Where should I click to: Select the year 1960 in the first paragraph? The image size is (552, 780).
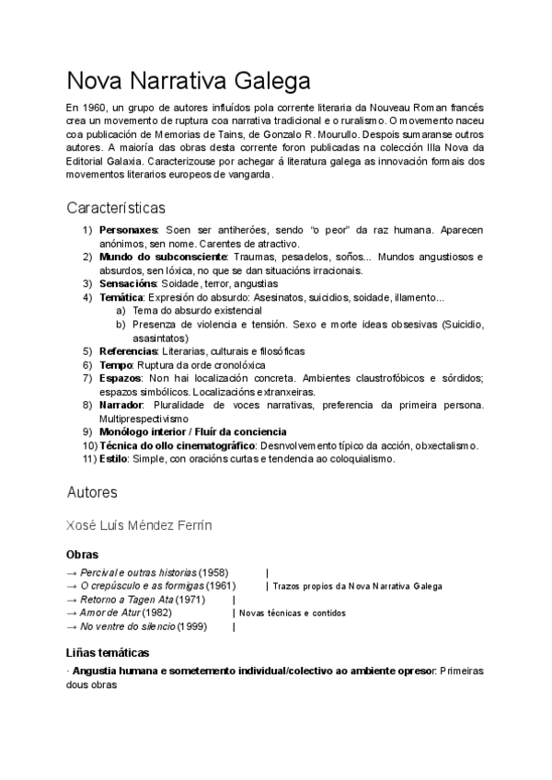[96, 108]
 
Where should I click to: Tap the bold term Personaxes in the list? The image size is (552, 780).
[129, 230]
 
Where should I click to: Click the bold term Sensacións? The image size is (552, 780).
[128, 284]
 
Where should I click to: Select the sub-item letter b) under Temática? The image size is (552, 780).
[121, 325]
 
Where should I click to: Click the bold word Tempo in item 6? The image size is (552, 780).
[115, 365]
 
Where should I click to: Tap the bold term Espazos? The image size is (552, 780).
[121, 378]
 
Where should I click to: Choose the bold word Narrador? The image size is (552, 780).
[121, 405]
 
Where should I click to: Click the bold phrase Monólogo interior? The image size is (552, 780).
[144, 431]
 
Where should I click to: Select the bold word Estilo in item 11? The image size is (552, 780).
[113, 459]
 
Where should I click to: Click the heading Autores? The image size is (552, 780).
[92, 492]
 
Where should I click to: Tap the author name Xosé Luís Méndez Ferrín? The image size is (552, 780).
[140, 526]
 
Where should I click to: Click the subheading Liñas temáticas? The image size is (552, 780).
[108, 652]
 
